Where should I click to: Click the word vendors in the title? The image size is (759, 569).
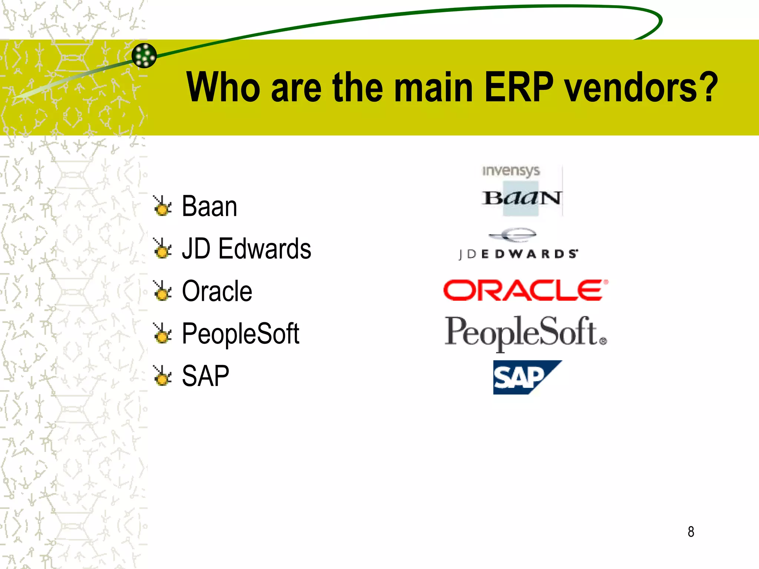tap(630, 87)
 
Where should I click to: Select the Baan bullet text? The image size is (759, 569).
tap(209, 206)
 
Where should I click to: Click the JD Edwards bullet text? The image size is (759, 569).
tap(246, 249)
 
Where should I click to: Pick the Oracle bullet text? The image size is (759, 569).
tap(217, 291)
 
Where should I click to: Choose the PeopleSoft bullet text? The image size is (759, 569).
tap(241, 334)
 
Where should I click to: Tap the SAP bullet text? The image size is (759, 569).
tap(206, 376)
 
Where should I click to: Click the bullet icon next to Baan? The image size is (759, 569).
tap(162, 206)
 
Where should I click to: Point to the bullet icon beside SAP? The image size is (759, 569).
tap(162, 376)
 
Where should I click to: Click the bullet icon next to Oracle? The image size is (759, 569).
tap(162, 291)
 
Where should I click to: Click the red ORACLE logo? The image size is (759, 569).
tap(526, 290)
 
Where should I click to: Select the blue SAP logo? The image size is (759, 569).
tap(523, 377)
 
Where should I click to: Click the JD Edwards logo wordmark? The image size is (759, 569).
tap(518, 254)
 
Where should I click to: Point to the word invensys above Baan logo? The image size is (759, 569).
tap(511, 171)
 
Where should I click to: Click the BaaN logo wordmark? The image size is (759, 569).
tap(521, 198)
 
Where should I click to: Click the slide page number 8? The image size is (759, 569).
tap(691, 532)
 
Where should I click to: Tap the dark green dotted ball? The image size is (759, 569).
tap(144, 56)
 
